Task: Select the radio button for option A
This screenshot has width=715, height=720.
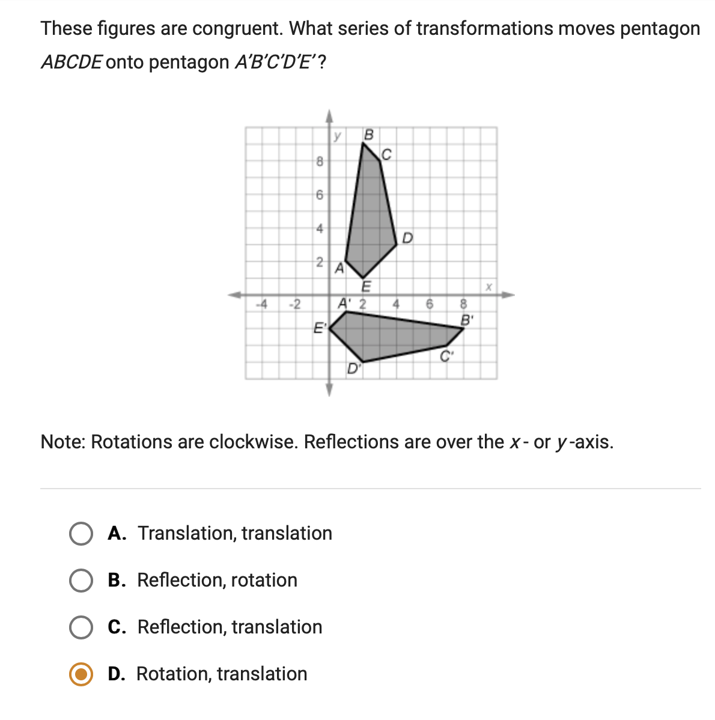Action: [81, 534]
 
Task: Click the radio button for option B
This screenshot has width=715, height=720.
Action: [81, 581]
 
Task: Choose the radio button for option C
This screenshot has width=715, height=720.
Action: [81, 627]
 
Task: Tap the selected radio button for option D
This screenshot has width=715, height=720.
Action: [81, 674]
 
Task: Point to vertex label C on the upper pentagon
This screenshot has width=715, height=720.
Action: [386, 155]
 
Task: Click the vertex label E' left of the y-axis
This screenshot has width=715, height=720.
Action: [320, 328]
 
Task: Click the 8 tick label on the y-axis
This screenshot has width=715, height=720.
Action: [320, 161]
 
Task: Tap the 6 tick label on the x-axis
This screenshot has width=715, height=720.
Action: [429, 304]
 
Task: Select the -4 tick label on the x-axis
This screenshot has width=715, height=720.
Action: [261, 304]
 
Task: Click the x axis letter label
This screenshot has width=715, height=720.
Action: [489, 287]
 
